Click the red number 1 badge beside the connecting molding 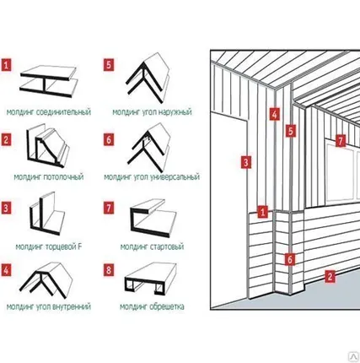click(x=7, y=65)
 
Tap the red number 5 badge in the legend click(x=109, y=65)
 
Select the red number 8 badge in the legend click(x=109, y=270)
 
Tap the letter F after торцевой click(x=79, y=247)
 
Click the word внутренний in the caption click(x=72, y=306)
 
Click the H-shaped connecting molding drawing click(x=49, y=82)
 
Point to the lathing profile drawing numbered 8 click(x=151, y=279)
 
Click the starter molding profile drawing click(x=153, y=219)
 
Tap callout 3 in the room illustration click(x=246, y=162)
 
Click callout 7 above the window click(x=341, y=140)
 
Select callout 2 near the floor click(x=330, y=276)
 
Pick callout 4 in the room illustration click(x=275, y=114)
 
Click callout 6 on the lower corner click(x=290, y=259)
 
